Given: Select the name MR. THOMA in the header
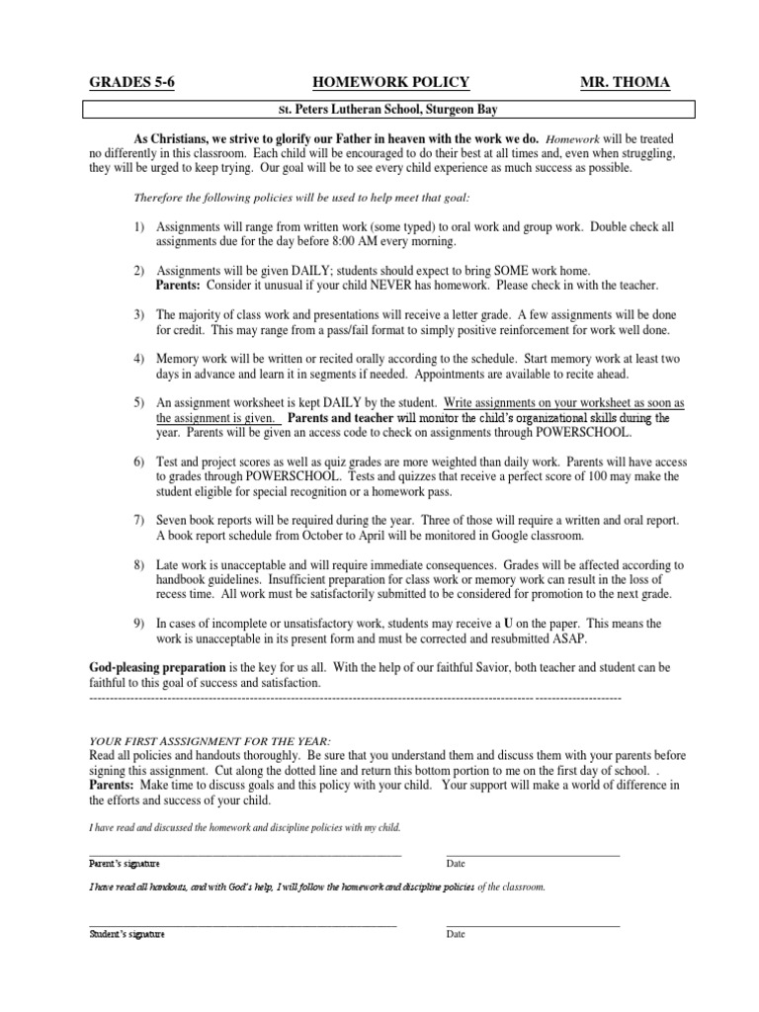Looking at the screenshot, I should [625, 82].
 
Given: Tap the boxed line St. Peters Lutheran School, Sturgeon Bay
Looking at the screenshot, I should [388, 109].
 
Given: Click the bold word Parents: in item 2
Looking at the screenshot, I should [179, 285].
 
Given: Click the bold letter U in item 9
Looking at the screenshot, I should [508, 625].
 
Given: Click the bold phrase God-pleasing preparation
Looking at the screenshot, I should [157, 668].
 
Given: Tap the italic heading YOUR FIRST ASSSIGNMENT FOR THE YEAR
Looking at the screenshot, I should [211, 741].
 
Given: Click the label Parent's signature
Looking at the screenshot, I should [124, 864].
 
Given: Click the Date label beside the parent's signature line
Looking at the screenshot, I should [456, 864].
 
